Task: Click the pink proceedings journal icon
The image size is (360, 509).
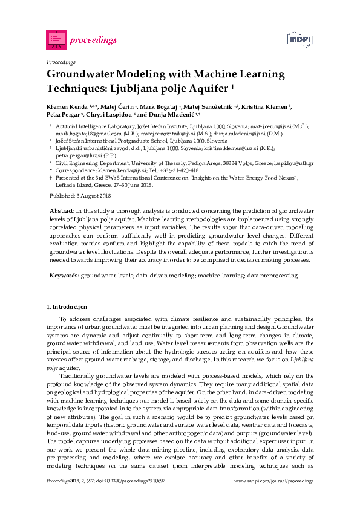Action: tap(56, 39)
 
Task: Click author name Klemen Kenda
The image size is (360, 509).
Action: tap(67, 106)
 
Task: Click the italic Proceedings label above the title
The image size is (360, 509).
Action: tap(61, 62)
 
